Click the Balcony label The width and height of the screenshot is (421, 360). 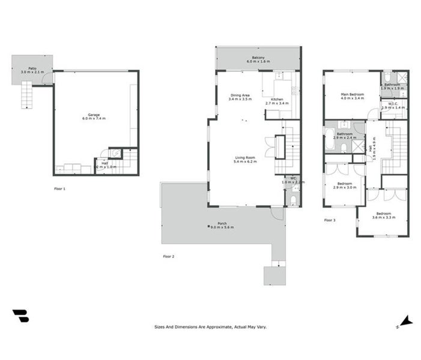click(258, 58)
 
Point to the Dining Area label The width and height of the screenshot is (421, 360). click(241, 95)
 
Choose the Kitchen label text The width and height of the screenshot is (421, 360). click(277, 100)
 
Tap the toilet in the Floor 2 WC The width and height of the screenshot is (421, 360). click(291, 198)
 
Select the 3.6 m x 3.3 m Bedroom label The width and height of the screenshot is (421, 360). click(383, 214)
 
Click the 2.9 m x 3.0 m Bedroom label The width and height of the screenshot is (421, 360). click(345, 184)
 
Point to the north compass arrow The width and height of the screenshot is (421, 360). click(407, 322)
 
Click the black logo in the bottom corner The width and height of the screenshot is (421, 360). click(20, 316)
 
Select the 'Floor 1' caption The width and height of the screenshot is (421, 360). click(59, 188)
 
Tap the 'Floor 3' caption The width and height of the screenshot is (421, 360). click(330, 220)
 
